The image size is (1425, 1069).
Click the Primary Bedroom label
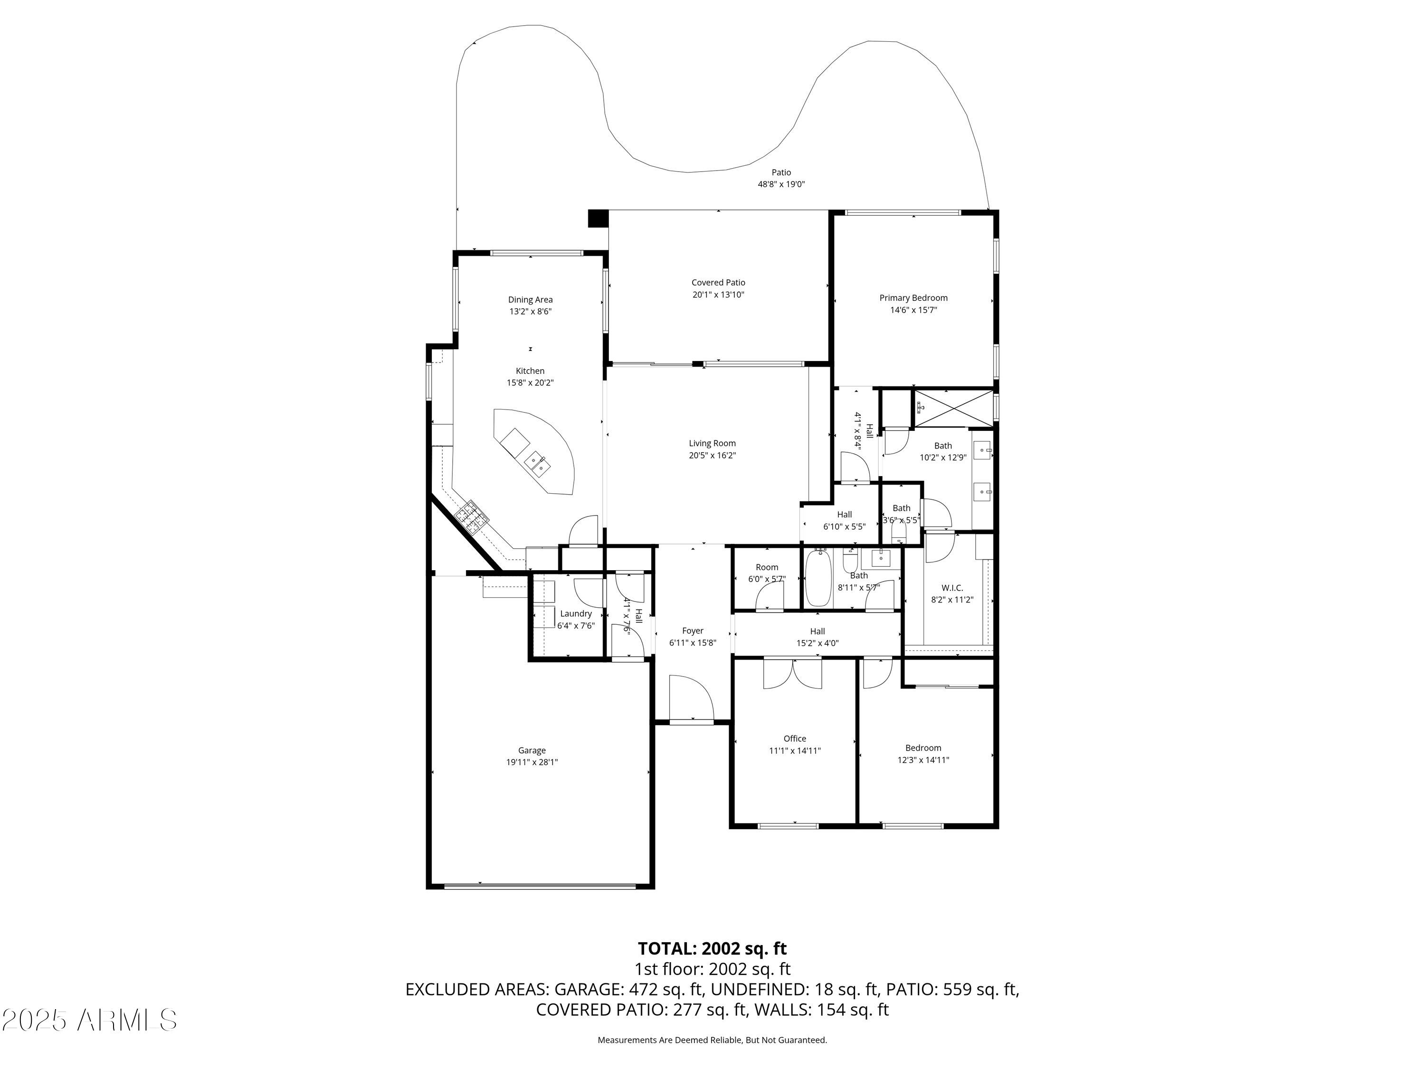coord(913,298)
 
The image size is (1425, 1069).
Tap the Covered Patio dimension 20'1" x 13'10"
coord(718,295)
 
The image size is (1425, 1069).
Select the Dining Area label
coord(530,300)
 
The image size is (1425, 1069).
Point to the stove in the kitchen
coord(472,517)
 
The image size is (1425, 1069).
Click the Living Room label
coord(712,443)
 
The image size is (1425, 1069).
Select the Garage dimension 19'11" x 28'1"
coord(532,762)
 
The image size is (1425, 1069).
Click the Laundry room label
coord(575,613)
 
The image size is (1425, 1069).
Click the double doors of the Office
coord(792,673)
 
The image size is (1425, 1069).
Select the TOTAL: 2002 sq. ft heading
coord(712,948)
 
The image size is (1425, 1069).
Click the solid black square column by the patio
coord(598,219)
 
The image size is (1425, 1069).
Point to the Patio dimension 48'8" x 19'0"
coord(781,184)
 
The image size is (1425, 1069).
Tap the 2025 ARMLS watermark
coord(90,1020)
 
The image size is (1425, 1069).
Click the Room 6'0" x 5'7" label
coord(767,573)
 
